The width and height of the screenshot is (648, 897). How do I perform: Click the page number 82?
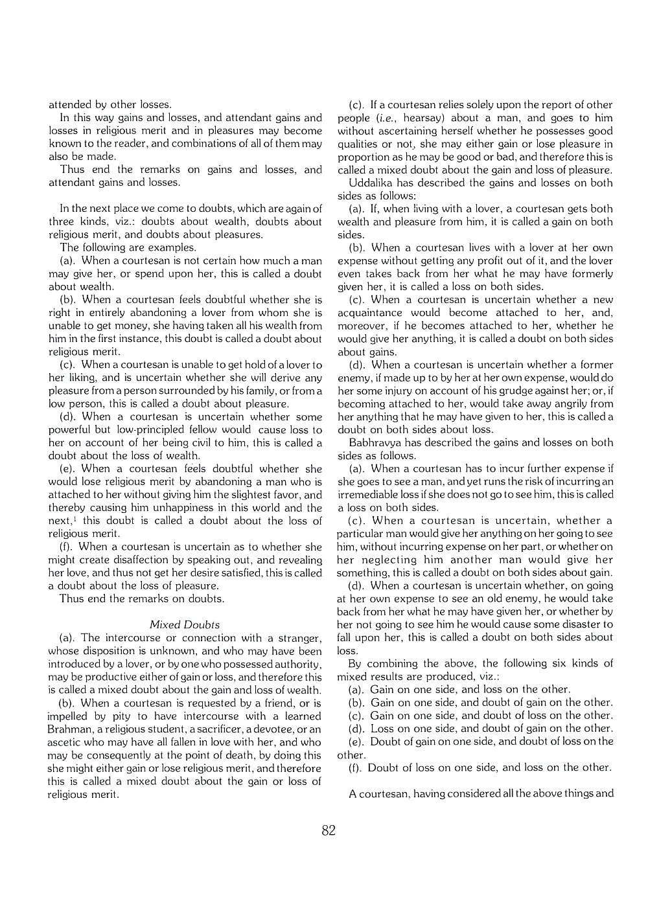tap(329, 830)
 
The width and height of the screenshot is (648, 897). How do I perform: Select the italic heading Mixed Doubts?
tap(184, 624)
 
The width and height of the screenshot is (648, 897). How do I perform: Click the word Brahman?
tap(69, 729)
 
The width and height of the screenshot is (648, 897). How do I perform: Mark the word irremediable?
tap(367, 494)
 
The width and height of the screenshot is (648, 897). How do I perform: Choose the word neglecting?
tap(389, 560)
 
